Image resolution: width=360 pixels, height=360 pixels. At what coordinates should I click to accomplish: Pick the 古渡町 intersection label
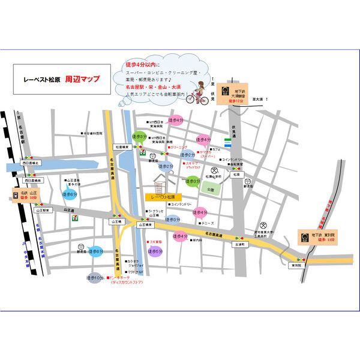(240, 245)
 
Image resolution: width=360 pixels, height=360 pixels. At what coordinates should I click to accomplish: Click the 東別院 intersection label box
(296, 264)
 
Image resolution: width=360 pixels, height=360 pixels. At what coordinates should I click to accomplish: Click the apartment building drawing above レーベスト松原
(163, 181)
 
